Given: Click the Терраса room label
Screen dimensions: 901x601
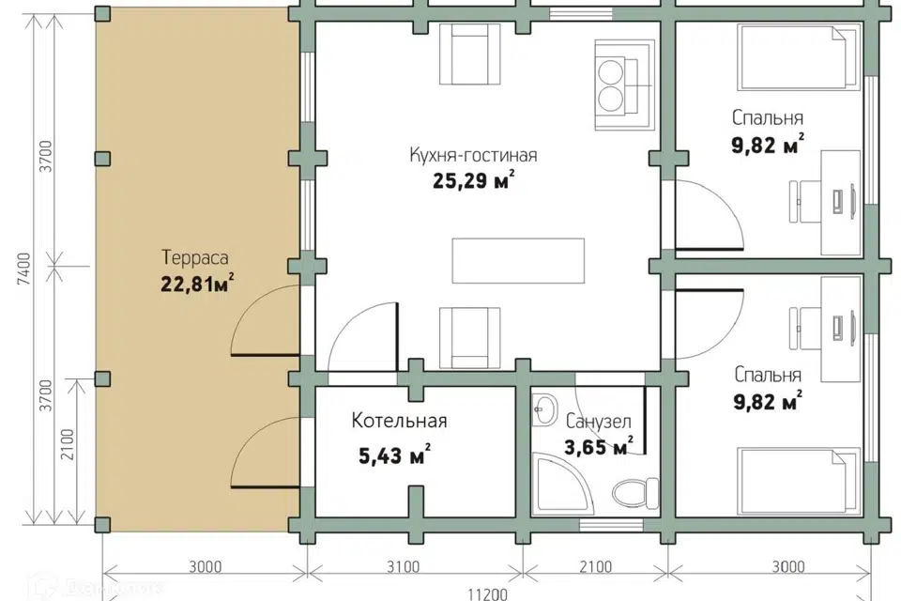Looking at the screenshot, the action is [x=195, y=257].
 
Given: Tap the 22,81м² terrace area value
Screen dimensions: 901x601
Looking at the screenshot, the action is [x=197, y=284].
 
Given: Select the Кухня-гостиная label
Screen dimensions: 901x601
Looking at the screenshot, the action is [x=473, y=155].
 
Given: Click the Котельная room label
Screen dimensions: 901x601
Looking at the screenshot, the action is [x=400, y=421].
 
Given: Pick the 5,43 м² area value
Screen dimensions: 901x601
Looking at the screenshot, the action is [x=395, y=456].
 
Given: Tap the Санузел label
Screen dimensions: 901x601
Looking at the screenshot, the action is [x=598, y=422].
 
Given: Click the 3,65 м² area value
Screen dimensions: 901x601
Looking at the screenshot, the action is [x=598, y=446].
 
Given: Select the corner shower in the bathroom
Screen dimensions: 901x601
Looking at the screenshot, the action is [x=558, y=483].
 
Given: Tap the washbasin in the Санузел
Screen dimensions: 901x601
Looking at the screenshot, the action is [x=543, y=409].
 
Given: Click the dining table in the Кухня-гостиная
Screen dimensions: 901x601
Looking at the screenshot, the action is [x=518, y=260].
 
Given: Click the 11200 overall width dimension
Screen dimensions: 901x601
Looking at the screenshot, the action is [x=487, y=593].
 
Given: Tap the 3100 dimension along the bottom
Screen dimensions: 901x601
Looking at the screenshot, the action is [x=403, y=567].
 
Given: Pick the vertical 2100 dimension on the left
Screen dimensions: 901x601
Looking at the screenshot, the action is [x=68, y=444].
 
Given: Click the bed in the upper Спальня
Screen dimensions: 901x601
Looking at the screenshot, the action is [x=799, y=57].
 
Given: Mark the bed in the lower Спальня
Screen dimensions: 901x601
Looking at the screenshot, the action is [x=799, y=482].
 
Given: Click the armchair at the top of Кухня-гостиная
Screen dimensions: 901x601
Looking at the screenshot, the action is [x=470, y=54].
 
